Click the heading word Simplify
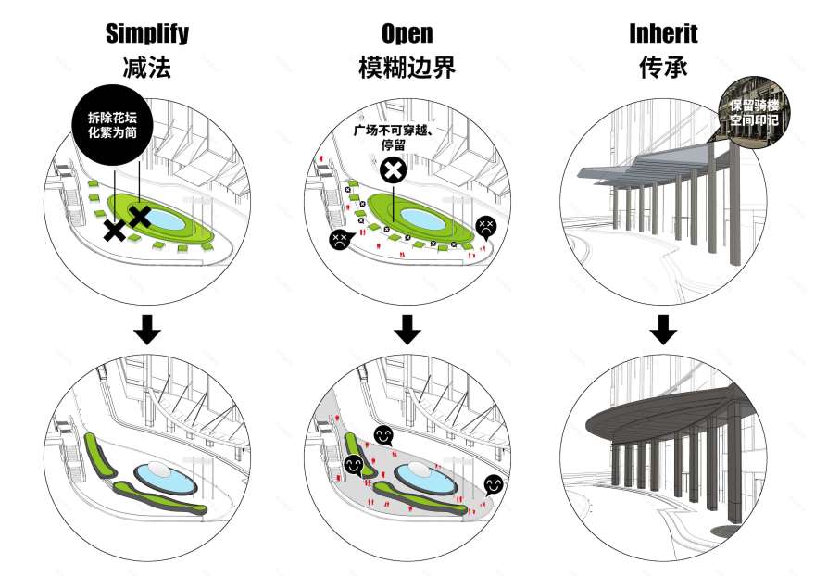point(146,34)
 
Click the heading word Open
point(407,34)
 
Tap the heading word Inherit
point(663,34)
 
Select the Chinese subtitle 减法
point(146,68)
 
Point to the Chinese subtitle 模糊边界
point(407,68)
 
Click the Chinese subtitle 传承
point(663,68)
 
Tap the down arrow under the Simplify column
point(146,330)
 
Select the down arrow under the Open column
point(407,330)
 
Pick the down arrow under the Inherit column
point(663,330)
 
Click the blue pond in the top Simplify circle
point(167,220)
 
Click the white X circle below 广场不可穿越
point(393,170)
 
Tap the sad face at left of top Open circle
point(338,239)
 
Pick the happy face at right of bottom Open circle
point(493,484)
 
